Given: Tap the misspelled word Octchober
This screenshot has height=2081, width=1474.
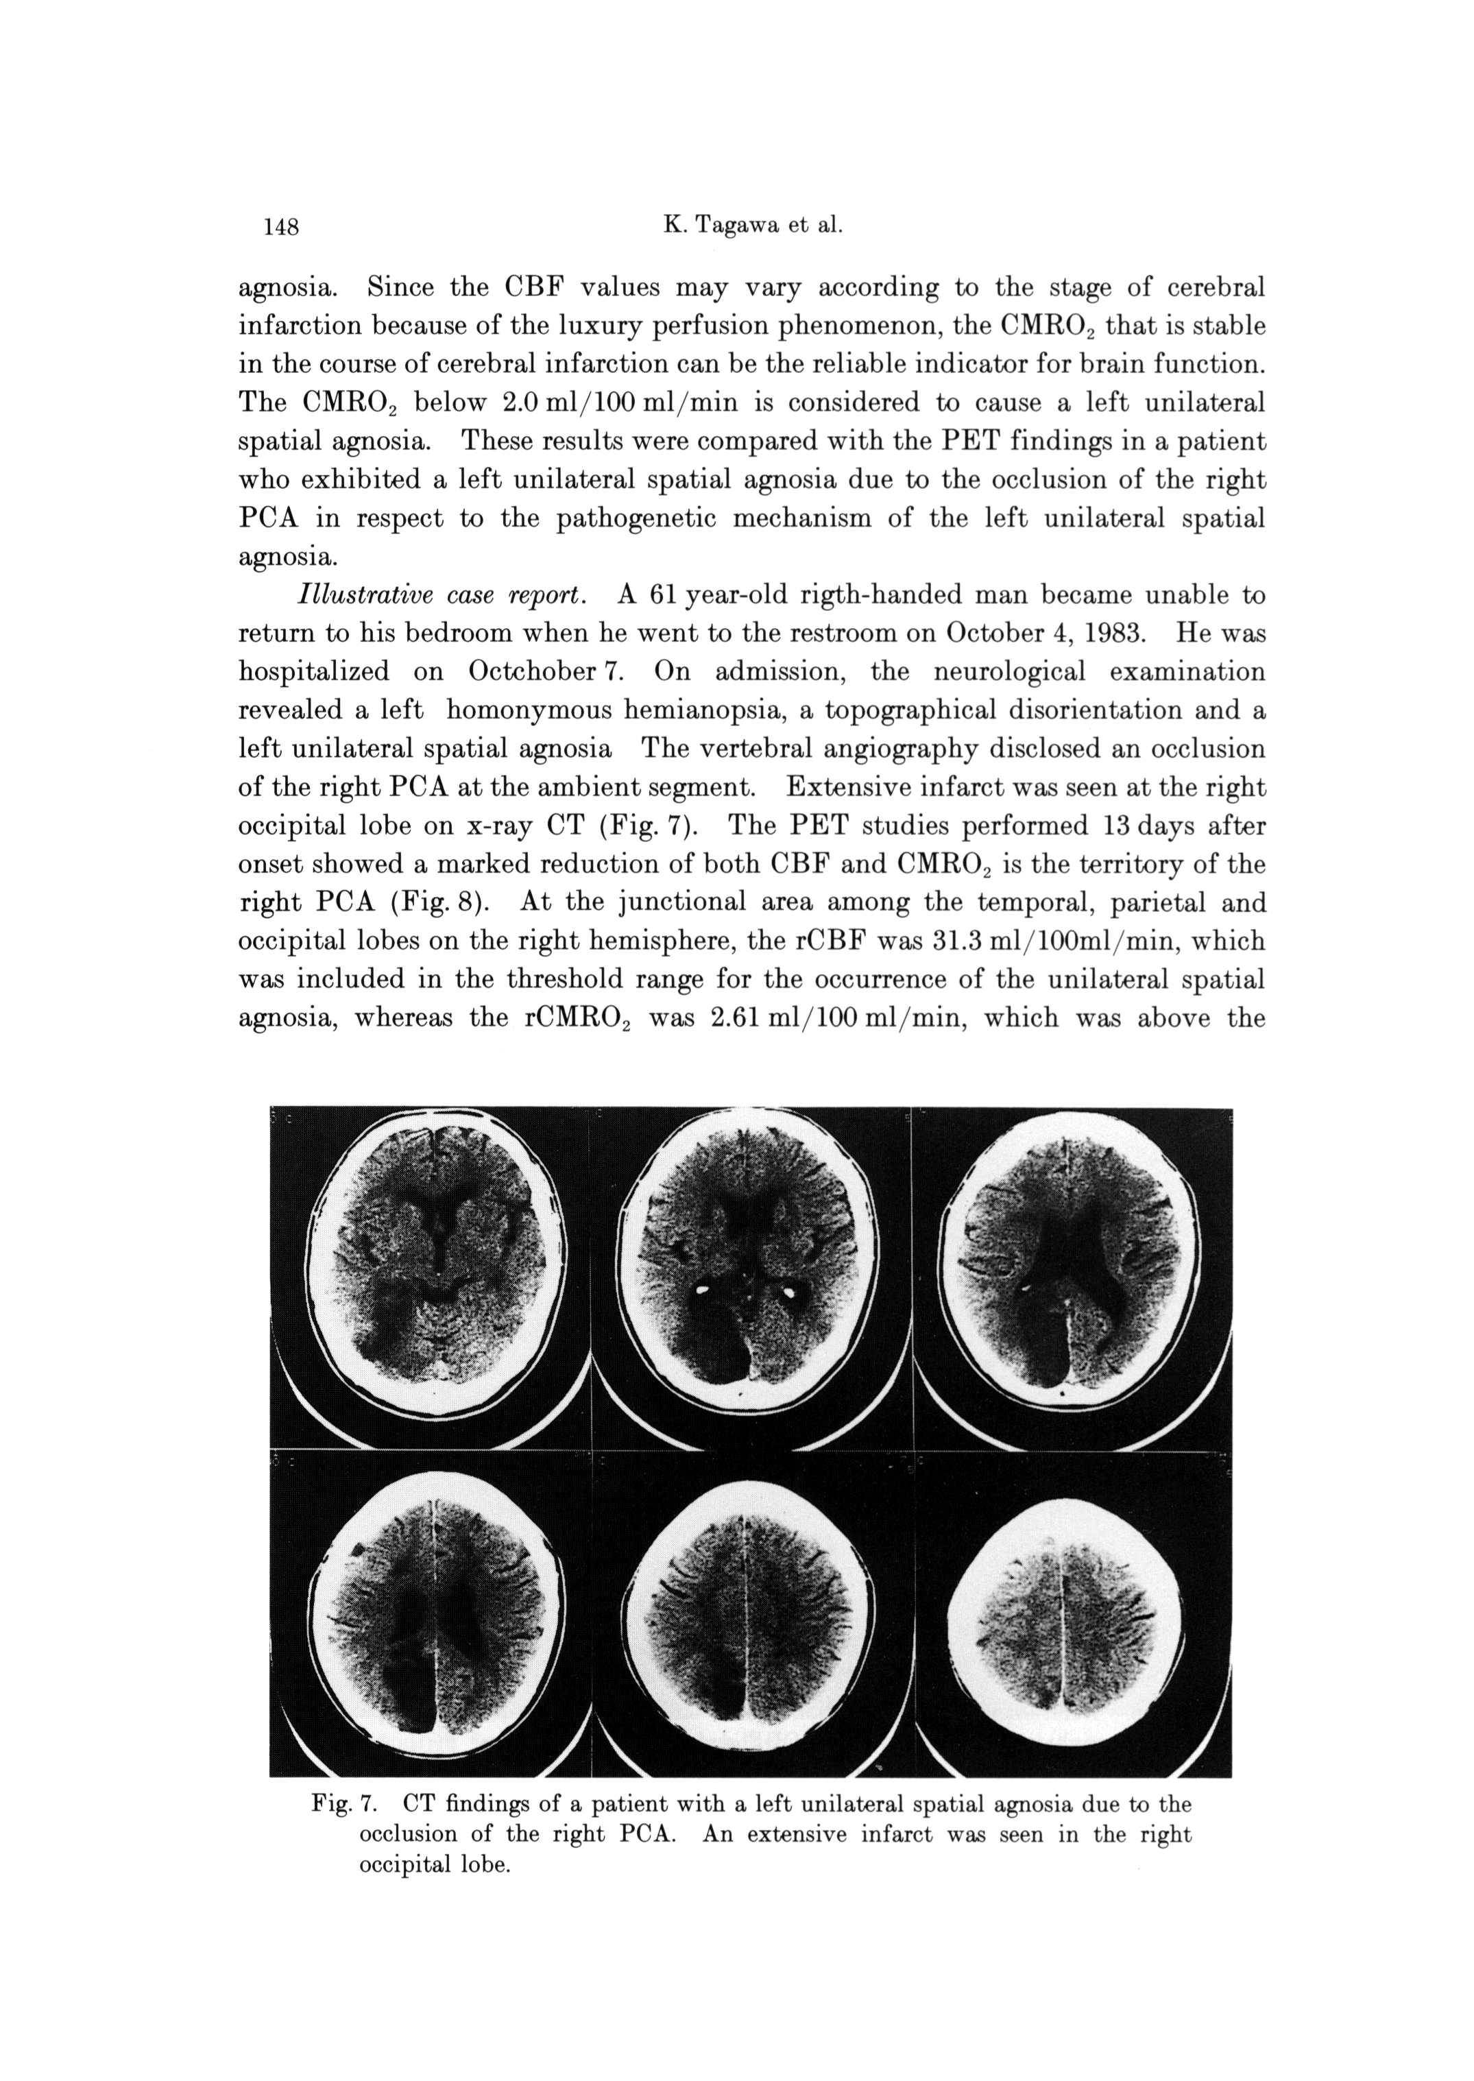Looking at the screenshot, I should tap(531, 673).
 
